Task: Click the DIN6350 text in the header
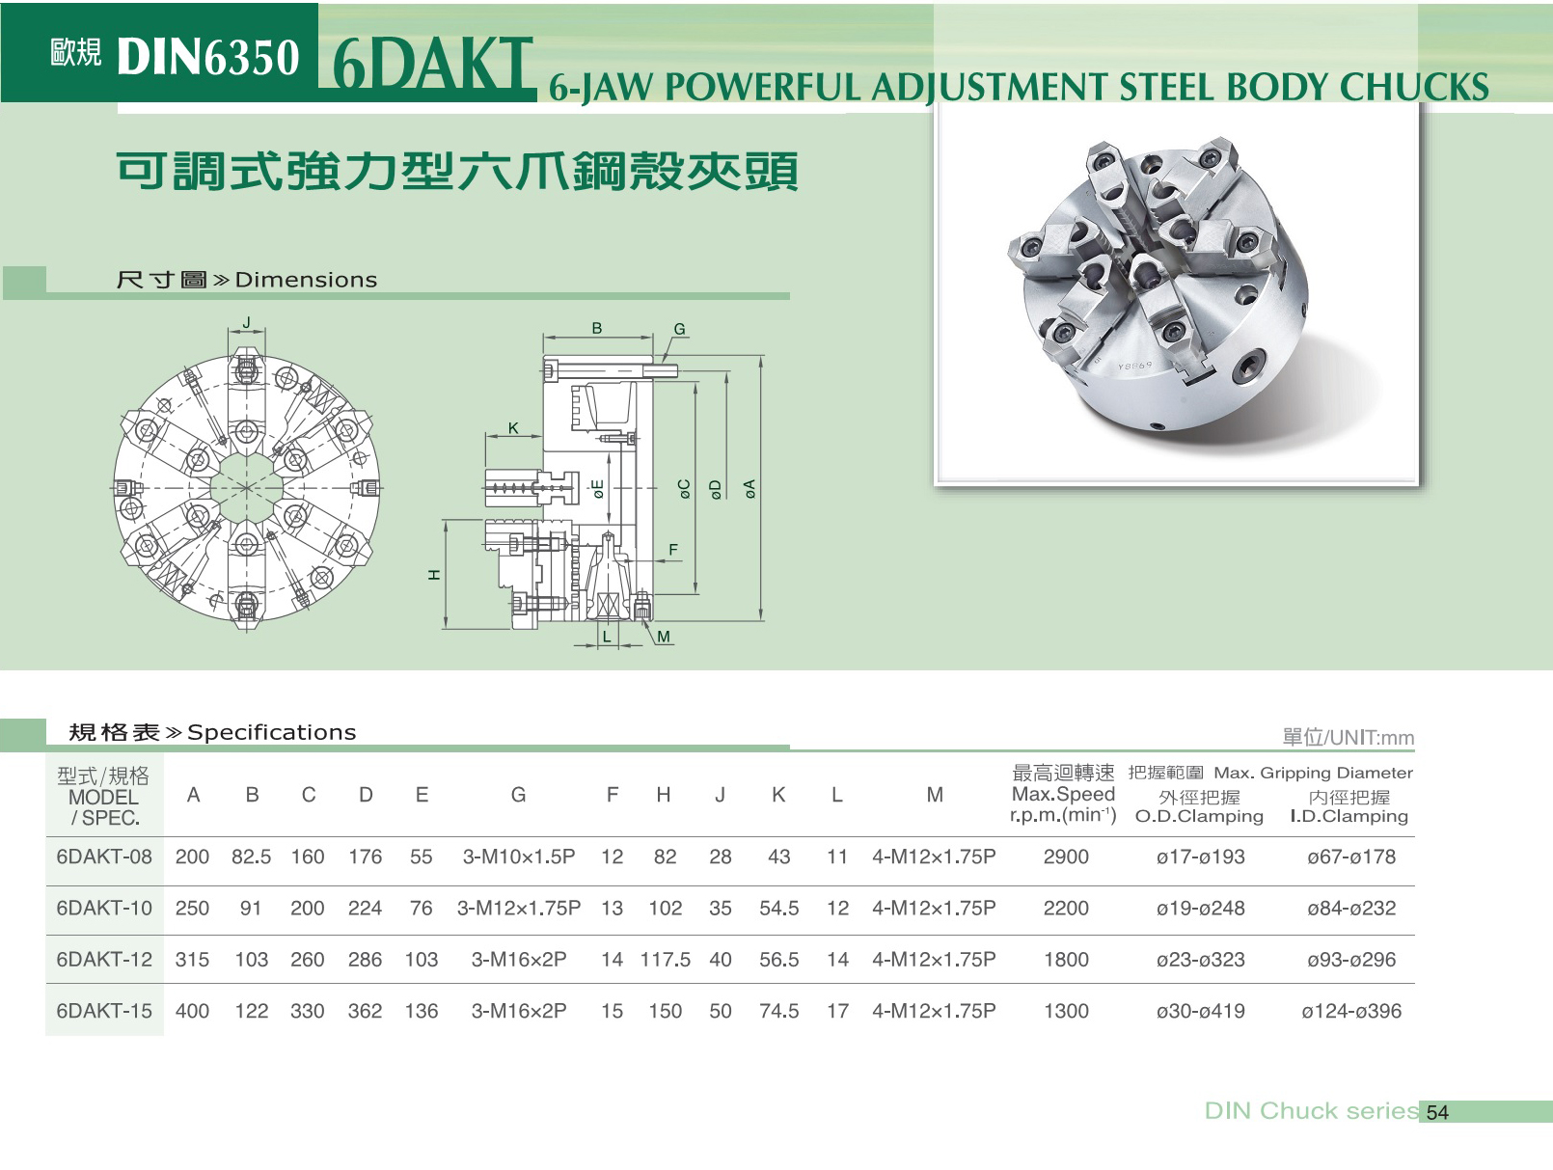pyautogui.click(x=208, y=57)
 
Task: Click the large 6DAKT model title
pyautogui.click(x=432, y=65)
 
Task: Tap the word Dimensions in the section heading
pyautogui.click(x=306, y=280)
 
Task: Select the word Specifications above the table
pyautogui.click(x=272, y=732)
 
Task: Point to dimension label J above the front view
pyautogui.click(x=246, y=322)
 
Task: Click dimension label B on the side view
pyautogui.click(x=596, y=328)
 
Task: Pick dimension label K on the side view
pyautogui.click(x=514, y=428)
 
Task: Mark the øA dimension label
pyautogui.click(x=749, y=489)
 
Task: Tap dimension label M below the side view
pyautogui.click(x=663, y=637)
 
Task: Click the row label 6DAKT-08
pyautogui.click(x=104, y=857)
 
